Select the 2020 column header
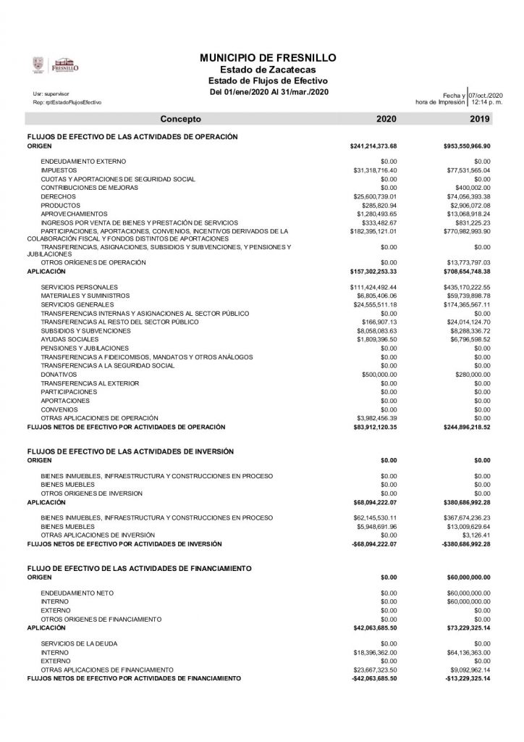[x=386, y=118]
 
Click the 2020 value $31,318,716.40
[x=373, y=170]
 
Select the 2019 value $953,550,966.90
[x=467, y=146]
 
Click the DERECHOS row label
[x=58, y=196]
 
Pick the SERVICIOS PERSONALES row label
[x=75, y=287]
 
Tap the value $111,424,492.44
[x=373, y=287]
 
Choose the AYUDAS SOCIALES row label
[x=65, y=339]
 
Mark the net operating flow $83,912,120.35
[x=373, y=427]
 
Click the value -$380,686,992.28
[x=466, y=543]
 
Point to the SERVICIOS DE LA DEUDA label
[x=75, y=643]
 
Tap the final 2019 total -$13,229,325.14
[x=466, y=678]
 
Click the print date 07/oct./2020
[x=485, y=96]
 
